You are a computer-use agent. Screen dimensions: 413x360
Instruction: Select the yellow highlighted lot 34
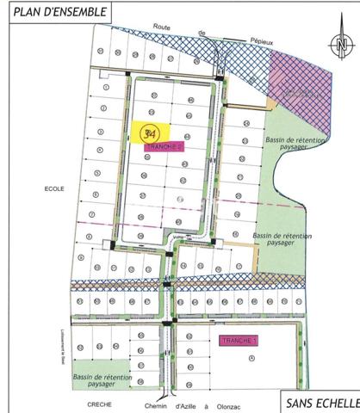click(x=151, y=133)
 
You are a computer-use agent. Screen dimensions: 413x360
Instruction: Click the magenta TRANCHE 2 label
click(x=164, y=147)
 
